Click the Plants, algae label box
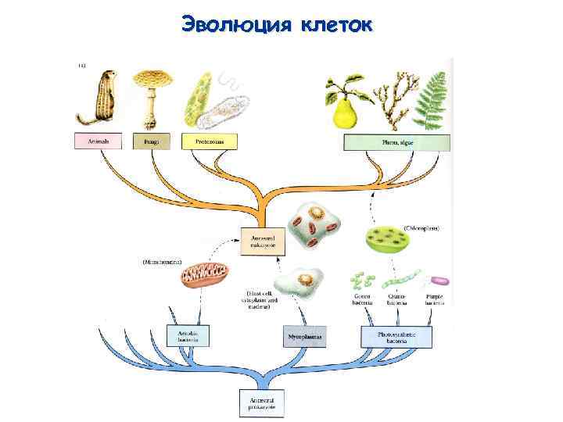point(396,141)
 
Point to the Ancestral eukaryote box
point(263,240)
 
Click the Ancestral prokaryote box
point(262,402)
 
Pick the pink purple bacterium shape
point(442,280)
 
